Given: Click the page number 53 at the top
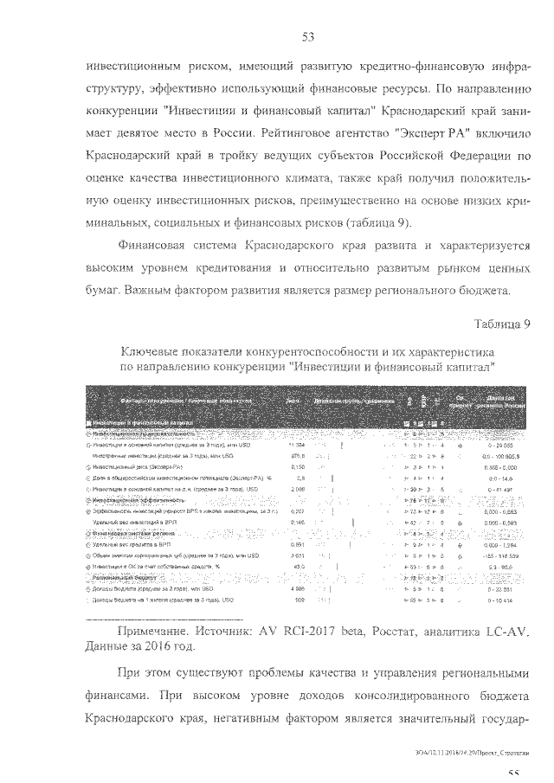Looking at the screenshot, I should coord(306,36).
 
